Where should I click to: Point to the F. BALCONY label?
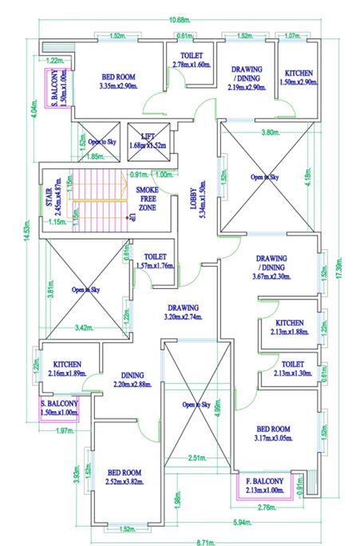pyautogui.click(x=264, y=486)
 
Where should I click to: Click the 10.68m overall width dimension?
pyautogui.click(x=179, y=20)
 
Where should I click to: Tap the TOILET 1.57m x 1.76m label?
pyautogui.click(x=154, y=261)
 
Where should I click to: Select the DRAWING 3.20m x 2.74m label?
pyautogui.click(x=182, y=312)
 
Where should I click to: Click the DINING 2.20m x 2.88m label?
pyautogui.click(x=132, y=380)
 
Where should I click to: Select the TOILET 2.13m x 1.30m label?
pyautogui.click(x=292, y=368)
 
